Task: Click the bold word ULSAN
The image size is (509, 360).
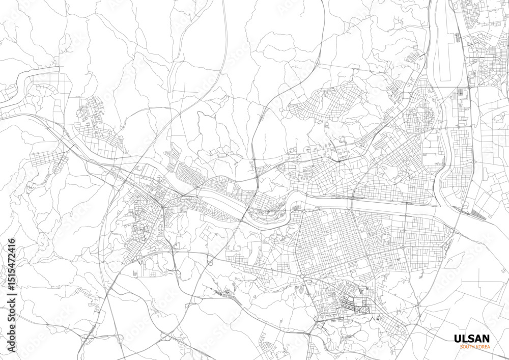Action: pyautogui.click(x=471, y=339)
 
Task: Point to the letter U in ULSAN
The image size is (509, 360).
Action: pyautogui.click(x=457, y=339)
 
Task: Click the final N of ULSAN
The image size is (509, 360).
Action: pyautogui.click(x=486, y=339)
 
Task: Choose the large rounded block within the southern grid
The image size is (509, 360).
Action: pyautogui.click(x=362, y=265)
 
